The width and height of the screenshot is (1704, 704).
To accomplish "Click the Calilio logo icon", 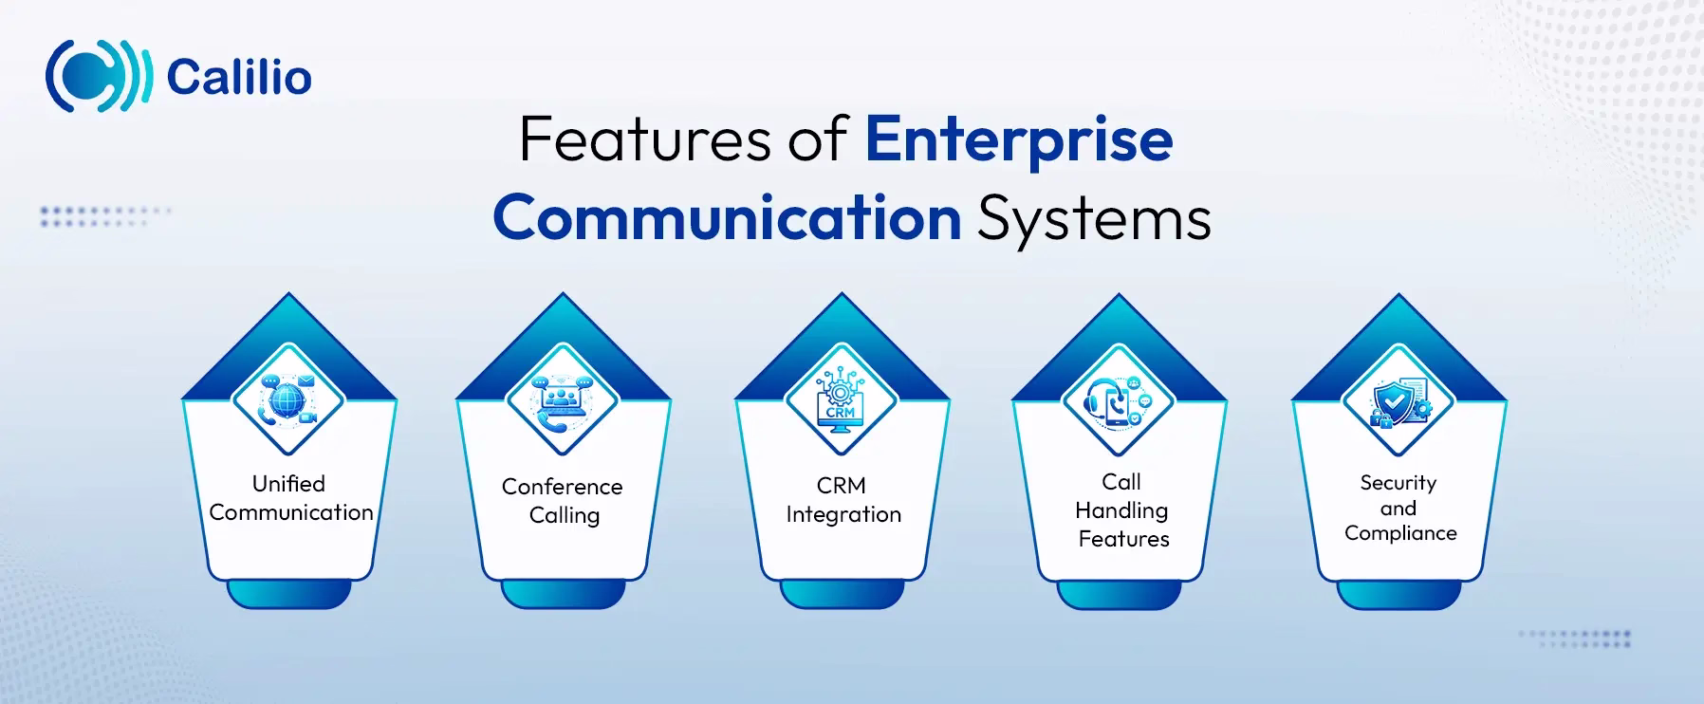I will (98, 77).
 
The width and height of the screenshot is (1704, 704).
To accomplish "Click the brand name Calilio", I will (238, 78).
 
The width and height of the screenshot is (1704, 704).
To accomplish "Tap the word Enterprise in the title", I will (1018, 140).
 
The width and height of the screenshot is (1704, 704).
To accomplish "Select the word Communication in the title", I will (727, 218).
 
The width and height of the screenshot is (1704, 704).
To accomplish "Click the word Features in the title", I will (644, 139).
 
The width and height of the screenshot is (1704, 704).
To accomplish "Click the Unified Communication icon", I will (288, 398).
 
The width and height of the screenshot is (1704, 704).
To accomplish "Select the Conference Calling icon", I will (563, 399).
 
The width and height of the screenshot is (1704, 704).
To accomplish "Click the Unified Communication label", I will (290, 498).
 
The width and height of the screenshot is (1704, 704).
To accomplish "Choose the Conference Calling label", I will (563, 501).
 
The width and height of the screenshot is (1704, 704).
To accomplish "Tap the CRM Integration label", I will (843, 500).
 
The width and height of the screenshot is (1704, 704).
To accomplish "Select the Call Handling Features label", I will (1122, 510).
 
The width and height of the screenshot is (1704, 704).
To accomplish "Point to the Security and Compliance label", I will (1399, 508).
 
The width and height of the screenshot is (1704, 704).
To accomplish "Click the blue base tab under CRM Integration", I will (842, 595).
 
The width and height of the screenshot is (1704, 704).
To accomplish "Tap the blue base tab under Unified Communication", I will (288, 595).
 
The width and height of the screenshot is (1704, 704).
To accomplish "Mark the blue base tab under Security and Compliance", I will (1398, 595).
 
